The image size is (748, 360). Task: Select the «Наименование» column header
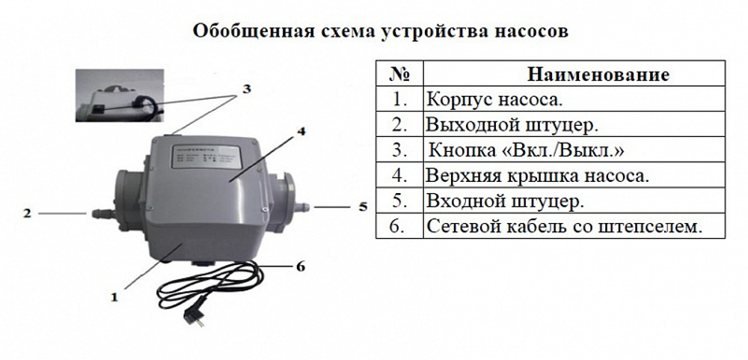click(598, 74)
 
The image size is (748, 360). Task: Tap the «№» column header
click(399, 74)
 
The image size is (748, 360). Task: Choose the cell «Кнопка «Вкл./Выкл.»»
click(527, 150)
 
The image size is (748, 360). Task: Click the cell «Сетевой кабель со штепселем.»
click(565, 227)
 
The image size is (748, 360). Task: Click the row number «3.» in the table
click(399, 150)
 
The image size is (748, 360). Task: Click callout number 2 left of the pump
click(26, 213)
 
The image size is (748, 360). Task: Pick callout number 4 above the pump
click(299, 132)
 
